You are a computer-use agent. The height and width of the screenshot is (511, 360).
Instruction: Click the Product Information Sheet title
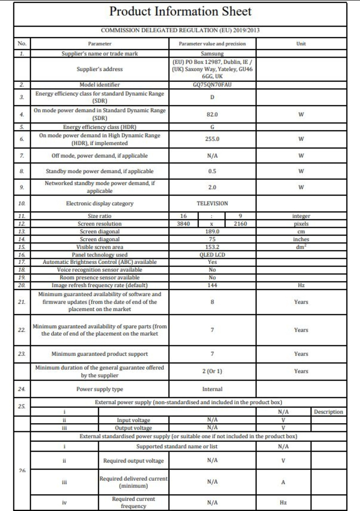pos(180,12)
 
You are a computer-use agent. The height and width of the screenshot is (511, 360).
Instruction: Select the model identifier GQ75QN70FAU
pos(212,85)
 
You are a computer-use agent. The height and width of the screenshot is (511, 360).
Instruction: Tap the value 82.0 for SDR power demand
pos(212,114)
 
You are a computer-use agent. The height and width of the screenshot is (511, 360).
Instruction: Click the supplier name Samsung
pos(212,54)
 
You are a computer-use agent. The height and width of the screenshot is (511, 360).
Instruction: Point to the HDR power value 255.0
pos(212,139)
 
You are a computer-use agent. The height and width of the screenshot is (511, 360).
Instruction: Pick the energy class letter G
pos(212,127)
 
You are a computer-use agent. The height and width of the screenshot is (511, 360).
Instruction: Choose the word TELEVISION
pos(212,204)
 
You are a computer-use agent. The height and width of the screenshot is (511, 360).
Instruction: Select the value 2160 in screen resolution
pos(240,224)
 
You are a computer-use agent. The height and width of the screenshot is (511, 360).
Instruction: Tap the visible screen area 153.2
pos(212,247)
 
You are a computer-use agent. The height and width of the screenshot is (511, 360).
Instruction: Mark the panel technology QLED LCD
pos(212,255)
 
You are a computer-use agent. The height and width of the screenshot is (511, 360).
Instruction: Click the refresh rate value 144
pos(212,285)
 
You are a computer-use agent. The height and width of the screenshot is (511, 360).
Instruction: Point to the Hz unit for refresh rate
pos(301,285)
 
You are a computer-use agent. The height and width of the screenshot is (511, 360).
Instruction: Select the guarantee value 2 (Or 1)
pos(212,371)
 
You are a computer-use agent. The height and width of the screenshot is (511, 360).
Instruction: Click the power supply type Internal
pos(212,389)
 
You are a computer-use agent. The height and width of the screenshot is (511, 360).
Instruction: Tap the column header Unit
pos(301,44)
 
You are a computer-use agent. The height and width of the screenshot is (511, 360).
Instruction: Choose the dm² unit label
pos(301,247)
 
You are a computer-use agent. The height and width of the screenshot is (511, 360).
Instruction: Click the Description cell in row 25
pos(328,412)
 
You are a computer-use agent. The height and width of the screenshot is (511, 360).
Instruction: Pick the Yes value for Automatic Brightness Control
pos(212,262)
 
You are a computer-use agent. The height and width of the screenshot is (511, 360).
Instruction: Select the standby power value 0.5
pos(212,171)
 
